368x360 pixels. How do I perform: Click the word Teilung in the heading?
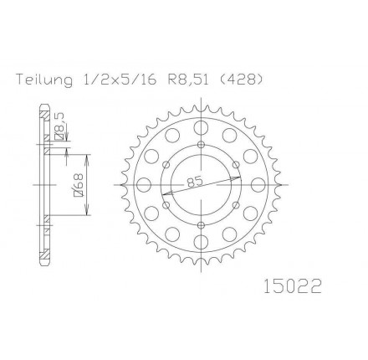pos(44,80)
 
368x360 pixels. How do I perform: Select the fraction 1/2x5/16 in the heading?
pos(120,80)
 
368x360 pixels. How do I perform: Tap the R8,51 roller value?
pos(189,80)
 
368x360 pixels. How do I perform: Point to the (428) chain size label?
pos(242,80)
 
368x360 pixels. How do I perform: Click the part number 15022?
pos(293,286)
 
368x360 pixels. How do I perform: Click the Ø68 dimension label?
pos(79,185)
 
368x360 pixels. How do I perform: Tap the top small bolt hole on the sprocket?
pos(201,145)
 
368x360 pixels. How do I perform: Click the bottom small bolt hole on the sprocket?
pos(201,225)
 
